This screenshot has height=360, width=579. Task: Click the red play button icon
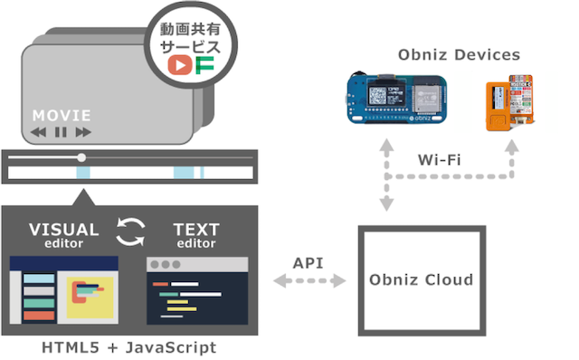tap(180, 65)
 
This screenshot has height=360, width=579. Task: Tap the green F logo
tap(204, 65)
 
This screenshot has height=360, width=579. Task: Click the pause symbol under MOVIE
tap(61, 132)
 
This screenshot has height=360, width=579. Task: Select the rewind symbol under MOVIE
tap(38, 132)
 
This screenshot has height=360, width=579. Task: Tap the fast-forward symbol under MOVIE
tap(83, 132)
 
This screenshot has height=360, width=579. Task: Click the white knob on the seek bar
tap(81, 157)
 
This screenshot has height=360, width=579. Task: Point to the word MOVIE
tap(62, 116)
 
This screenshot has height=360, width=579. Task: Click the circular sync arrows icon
tap(130, 232)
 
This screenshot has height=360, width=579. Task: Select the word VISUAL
tap(64, 230)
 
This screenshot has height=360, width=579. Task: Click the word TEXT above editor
tap(196, 230)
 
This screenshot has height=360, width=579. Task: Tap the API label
tap(308, 263)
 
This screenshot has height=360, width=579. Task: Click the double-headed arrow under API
tap(309, 281)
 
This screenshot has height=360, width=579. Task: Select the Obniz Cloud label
tap(422, 279)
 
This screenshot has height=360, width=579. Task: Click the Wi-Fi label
tap(440, 160)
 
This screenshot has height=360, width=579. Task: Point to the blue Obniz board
tap(397, 99)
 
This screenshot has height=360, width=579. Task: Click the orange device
tap(510, 103)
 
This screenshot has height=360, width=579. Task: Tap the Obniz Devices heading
tap(459, 54)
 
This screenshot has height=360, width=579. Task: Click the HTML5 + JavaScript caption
tap(129, 347)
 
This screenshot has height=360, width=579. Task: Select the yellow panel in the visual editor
tap(90, 298)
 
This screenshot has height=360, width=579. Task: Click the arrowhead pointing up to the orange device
tap(512, 147)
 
